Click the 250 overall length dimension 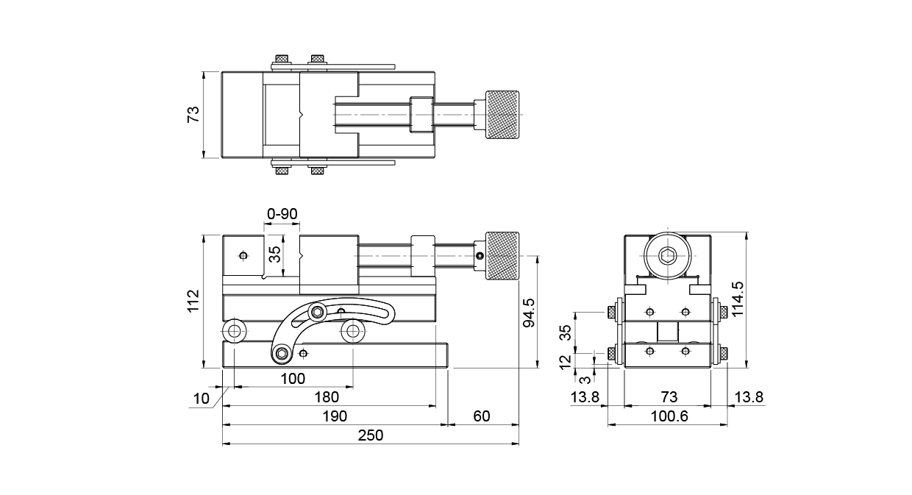point(371,435)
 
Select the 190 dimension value point(335,416)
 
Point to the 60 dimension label point(481,416)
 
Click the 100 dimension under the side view point(293,379)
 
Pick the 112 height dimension point(193,302)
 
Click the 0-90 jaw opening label point(282,213)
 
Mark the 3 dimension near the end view point(585,380)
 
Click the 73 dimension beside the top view point(193,115)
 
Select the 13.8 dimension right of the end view point(749,397)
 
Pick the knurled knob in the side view point(501,257)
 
